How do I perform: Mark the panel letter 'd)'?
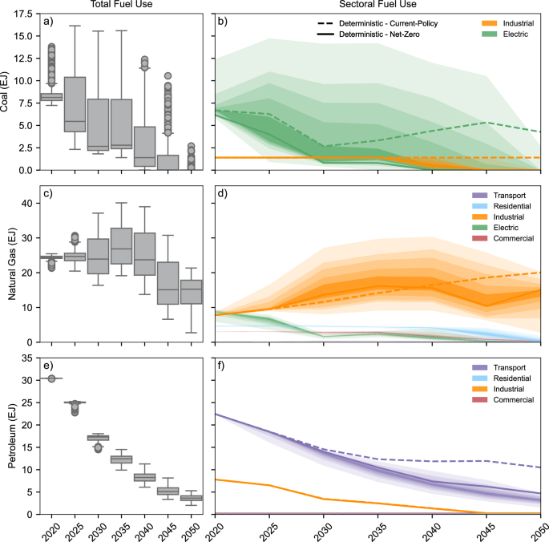click(224, 193)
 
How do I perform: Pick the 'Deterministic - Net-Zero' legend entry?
click(373, 35)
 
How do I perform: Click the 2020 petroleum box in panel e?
click(52, 378)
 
